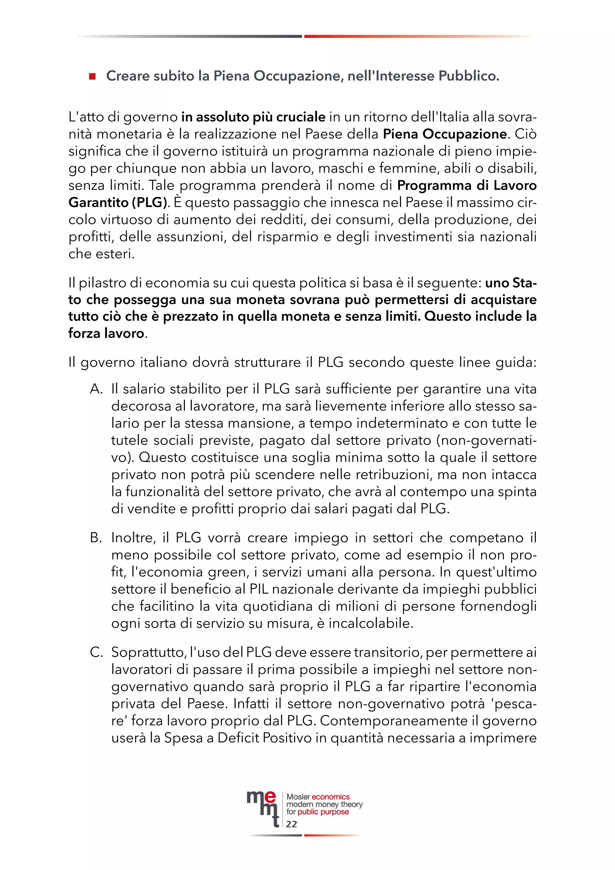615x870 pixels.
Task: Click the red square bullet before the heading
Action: (x=92, y=77)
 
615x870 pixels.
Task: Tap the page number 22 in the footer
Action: (x=291, y=824)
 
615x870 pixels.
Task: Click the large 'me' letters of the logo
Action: (x=261, y=799)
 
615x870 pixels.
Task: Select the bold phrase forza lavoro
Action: (x=106, y=333)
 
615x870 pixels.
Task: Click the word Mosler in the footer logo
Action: (x=298, y=797)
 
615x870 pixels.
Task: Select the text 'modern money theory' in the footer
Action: (x=325, y=804)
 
